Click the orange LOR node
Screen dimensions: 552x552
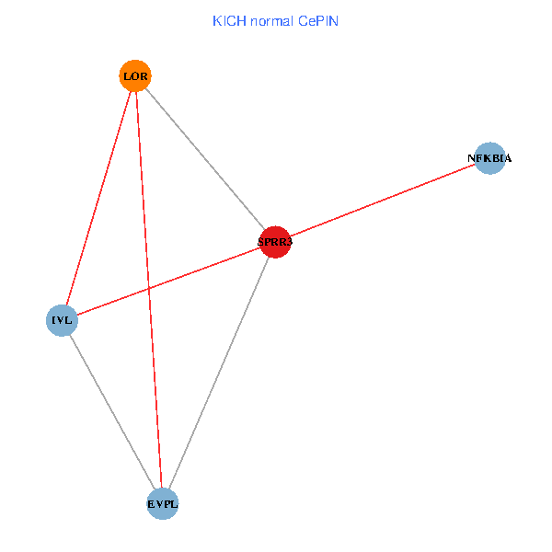(x=135, y=75)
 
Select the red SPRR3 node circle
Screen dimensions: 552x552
(x=275, y=242)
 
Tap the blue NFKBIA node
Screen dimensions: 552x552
(x=489, y=158)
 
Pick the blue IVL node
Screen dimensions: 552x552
(x=62, y=320)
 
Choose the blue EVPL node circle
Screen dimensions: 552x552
(x=162, y=503)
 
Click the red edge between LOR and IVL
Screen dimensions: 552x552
(x=98, y=198)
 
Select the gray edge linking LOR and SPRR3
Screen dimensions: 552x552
(x=205, y=158)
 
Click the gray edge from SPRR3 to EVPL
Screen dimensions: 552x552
(x=219, y=373)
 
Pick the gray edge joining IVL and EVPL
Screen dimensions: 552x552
(x=111, y=411)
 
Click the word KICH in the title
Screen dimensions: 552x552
(x=229, y=20)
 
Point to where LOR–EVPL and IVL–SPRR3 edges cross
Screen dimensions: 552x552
(x=149, y=288)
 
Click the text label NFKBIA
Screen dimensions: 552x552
(x=489, y=158)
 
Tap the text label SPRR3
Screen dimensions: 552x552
(x=275, y=242)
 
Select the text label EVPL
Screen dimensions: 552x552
(x=162, y=503)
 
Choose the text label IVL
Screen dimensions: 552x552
(x=62, y=320)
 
